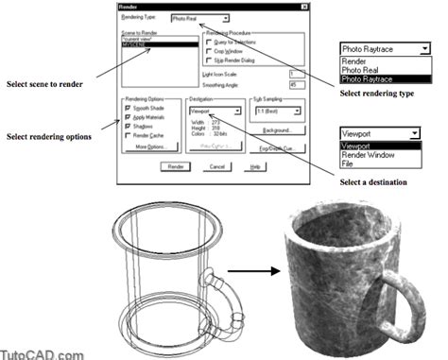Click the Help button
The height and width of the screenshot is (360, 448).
252,165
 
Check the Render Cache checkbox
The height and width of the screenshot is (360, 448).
129,135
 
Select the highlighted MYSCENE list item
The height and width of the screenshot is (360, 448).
146,44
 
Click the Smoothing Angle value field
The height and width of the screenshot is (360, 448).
292,84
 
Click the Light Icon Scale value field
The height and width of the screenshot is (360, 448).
292,73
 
